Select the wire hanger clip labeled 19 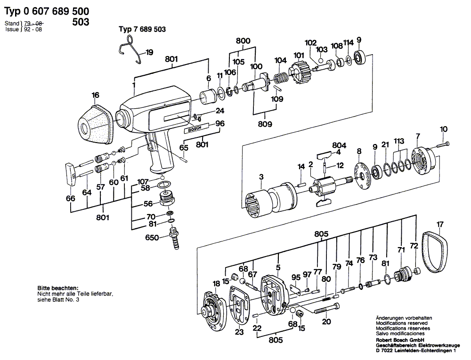130,50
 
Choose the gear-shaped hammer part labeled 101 300,74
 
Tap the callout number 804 339,145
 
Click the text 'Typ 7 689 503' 141,29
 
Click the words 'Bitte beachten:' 58,288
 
